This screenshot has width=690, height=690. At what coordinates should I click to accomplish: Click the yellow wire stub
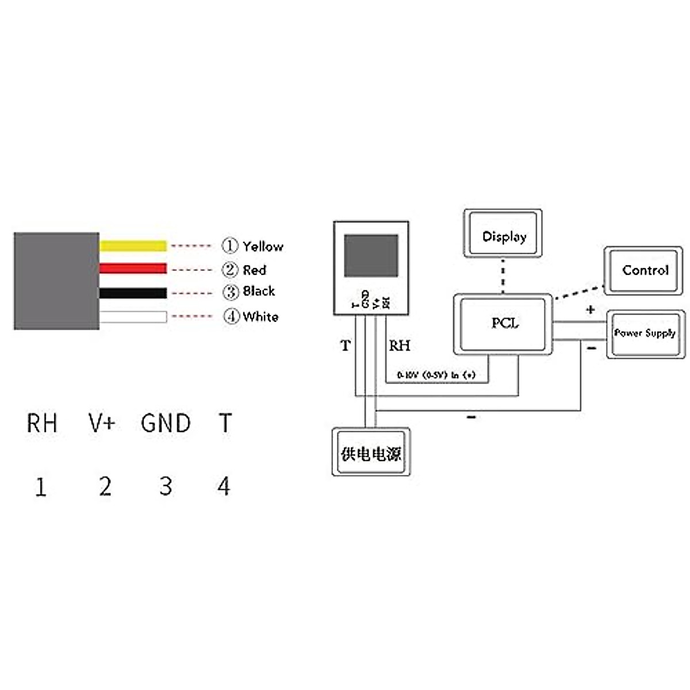pyautogui.click(x=133, y=246)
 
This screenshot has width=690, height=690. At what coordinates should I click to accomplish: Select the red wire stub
pyautogui.click(x=133, y=269)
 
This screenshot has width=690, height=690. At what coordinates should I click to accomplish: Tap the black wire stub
pyautogui.click(x=133, y=293)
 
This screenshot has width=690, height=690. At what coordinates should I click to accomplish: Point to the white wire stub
pyautogui.click(x=133, y=317)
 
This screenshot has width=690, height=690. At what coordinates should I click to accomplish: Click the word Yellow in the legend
pyautogui.click(x=263, y=247)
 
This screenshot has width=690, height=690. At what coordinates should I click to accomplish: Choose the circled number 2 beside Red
pyautogui.click(x=230, y=270)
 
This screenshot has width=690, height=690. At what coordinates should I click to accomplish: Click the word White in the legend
pyautogui.click(x=260, y=317)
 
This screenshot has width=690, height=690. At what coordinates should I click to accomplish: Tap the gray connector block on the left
pyautogui.click(x=56, y=281)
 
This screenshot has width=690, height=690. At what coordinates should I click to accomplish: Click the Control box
pyautogui.click(x=644, y=270)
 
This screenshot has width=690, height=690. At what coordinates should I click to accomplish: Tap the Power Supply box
pyautogui.click(x=646, y=333)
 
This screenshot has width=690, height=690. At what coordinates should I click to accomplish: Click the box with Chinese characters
pyautogui.click(x=371, y=453)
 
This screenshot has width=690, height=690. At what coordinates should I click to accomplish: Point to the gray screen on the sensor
pyautogui.click(x=371, y=255)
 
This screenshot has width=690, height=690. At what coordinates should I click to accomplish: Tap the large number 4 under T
pyautogui.click(x=224, y=486)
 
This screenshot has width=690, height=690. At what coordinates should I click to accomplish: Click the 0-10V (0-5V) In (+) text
pyautogui.click(x=436, y=375)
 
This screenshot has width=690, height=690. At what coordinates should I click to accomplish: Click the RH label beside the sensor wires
pyautogui.click(x=400, y=346)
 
